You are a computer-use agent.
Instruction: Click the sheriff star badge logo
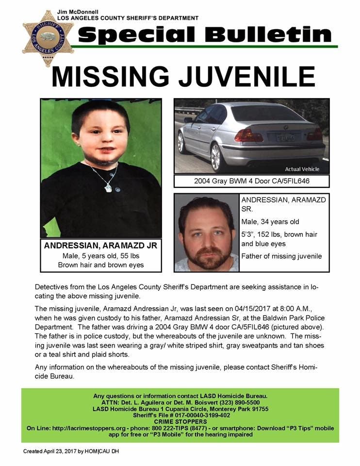coord(48,38)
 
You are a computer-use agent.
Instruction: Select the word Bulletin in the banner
coord(268,34)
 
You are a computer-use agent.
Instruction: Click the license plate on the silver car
coord(285,137)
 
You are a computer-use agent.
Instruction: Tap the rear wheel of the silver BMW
coord(216,156)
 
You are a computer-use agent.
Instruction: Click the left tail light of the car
coord(248,134)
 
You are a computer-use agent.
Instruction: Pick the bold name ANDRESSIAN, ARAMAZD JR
coord(102,246)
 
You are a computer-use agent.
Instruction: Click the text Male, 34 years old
coord(270,222)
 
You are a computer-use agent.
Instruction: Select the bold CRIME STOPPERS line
coord(180,422)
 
